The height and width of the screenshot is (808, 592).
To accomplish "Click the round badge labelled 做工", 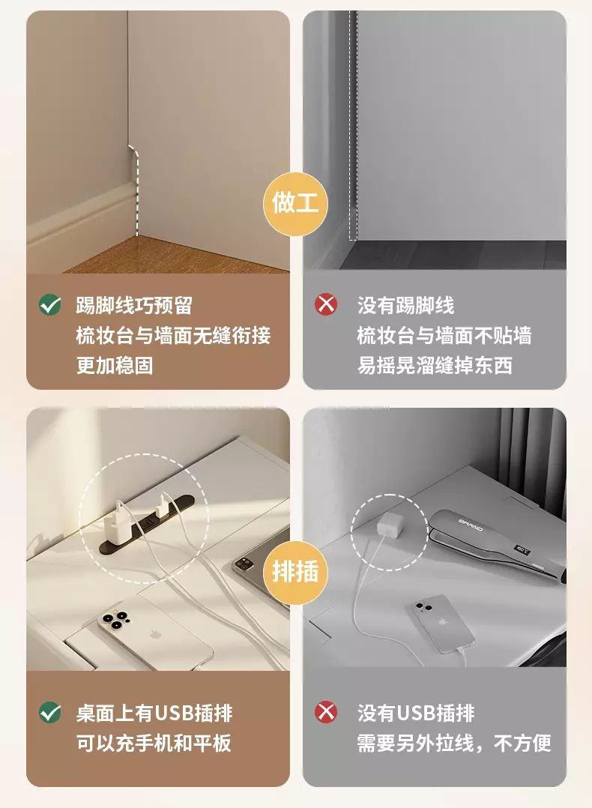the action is [295, 204].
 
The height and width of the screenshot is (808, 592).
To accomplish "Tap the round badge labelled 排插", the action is [295, 573].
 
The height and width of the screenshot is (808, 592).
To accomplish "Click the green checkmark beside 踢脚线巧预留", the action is [50, 305].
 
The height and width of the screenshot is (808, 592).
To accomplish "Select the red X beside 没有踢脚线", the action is [326, 305].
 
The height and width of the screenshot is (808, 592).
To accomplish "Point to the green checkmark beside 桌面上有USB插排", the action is [50, 714].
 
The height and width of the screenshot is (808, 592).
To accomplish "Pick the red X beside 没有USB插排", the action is [326, 714].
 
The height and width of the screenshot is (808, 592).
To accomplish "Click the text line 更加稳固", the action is [115, 365].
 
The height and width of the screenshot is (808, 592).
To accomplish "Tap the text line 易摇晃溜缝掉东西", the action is [435, 365].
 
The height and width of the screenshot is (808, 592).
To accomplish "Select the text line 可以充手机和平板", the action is [154, 743].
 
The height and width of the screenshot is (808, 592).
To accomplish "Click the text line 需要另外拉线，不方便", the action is [454, 743].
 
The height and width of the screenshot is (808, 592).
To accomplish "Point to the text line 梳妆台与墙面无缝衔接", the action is [173, 336].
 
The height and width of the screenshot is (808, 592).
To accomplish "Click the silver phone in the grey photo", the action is [442, 624].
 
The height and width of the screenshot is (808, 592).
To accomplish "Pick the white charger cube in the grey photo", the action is [389, 525].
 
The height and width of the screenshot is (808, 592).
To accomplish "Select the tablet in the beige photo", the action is [260, 556].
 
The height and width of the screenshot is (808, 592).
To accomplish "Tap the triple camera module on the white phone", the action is [113, 619].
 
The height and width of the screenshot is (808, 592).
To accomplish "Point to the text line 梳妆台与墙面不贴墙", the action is [444, 336].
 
